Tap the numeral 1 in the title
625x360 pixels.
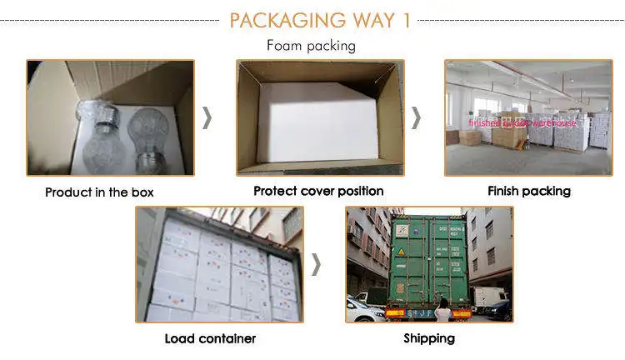(x=406, y=20)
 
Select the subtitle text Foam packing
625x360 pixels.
(x=311, y=46)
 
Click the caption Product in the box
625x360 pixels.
(x=99, y=192)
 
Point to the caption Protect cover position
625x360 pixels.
(x=318, y=191)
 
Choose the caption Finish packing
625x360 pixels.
(x=528, y=191)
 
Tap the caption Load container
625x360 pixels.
(x=210, y=338)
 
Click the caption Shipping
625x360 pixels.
(x=429, y=338)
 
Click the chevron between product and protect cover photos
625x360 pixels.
(x=207, y=117)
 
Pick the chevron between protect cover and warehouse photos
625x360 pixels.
(x=416, y=117)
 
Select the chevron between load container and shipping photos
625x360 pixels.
(x=316, y=264)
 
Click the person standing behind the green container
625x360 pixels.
(x=442, y=310)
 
